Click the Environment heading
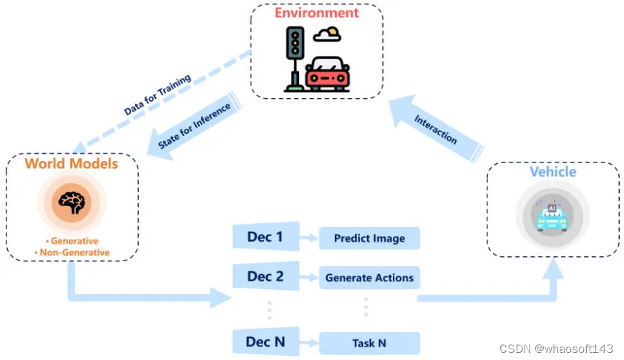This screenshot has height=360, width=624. pyautogui.click(x=316, y=13)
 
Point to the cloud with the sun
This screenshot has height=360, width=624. pyautogui.click(x=328, y=33)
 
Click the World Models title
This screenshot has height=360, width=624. pyautogui.click(x=72, y=164)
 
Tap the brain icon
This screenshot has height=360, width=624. pyautogui.click(x=72, y=203)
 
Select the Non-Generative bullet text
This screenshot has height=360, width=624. pyautogui.click(x=72, y=252)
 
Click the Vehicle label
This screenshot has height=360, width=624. pyautogui.click(x=552, y=172)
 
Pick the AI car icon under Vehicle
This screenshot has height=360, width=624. pyautogui.click(x=552, y=217)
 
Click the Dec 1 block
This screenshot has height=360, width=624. pyautogui.click(x=264, y=237)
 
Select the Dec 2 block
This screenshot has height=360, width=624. pyautogui.click(x=264, y=276)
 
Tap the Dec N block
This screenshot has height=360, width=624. pyautogui.click(x=264, y=342)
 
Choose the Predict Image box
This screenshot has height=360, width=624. pyautogui.click(x=369, y=238)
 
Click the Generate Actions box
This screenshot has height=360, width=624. pyautogui.click(x=369, y=277)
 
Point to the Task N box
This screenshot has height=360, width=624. pyautogui.click(x=369, y=343)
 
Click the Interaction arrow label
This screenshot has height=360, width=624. pyautogui.click(x=435, y=130)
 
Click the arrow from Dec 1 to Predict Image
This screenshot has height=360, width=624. pyautogui.click(x=307, y=238)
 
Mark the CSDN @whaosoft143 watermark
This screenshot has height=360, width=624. pyautogui.click(x=556, y=349)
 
